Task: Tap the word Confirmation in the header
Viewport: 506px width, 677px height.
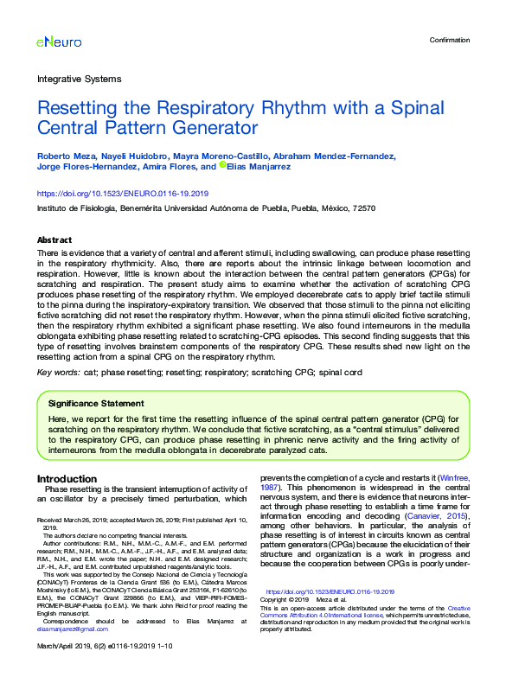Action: pyautogui.click(x=449, y=40)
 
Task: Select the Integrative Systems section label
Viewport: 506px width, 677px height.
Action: pyautogui.click(x=79, y=79)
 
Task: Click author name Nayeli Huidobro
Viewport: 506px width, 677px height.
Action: pyautogui.click(x=131, y=156)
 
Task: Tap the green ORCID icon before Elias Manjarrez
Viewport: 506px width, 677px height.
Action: pyautogui.click(x=222, y=165)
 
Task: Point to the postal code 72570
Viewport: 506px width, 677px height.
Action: pyautogui.click(x=365, y=208)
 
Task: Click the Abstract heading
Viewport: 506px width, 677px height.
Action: pyautogui.click(x=54, y=240)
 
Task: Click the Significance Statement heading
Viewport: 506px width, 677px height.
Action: pyautogui.click(x=96, y=403)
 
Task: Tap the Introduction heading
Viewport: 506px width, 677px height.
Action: pyautogui.click(x=67, y=478)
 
